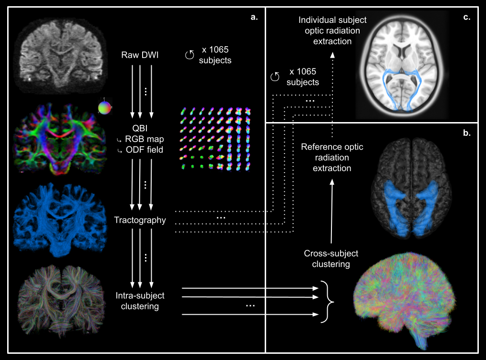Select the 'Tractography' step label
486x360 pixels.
coord(140,220)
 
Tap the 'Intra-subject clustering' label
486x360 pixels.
coord(140,301)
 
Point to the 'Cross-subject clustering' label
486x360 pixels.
coord(331,259)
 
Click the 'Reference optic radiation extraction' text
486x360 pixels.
coord(332,157)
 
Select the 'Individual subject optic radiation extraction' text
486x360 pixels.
coord(332,31)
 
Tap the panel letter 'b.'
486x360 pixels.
coord(467,134)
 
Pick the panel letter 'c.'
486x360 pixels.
coord(466,18)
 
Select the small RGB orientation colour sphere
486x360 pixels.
coord(104,107)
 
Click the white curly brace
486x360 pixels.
coord(327,301)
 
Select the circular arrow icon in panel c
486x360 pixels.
coord(274,76)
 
